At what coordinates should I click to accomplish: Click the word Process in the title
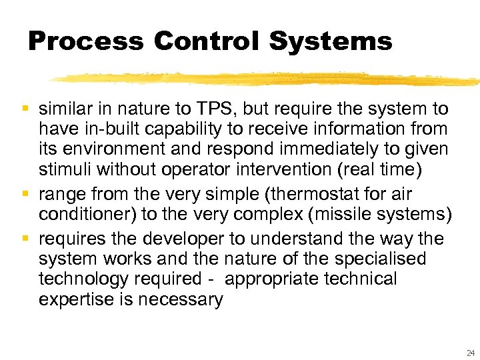(x=85, y=41)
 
